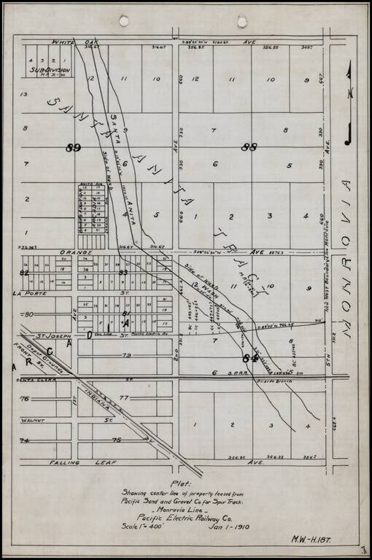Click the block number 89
point(73,148)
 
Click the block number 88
point(249,147)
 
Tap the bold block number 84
point(250,357)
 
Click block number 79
point(125,356)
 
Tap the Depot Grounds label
point(43,353)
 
